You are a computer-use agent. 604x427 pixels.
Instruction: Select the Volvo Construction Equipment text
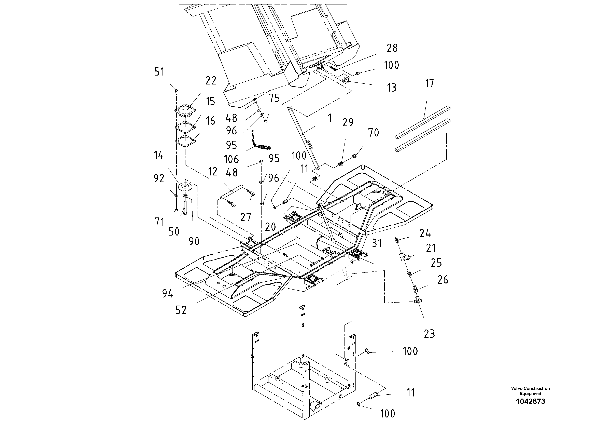(x=530, y=391)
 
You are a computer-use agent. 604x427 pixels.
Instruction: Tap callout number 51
(x=159, y=72)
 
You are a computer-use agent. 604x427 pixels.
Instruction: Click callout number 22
(x=210, y=81)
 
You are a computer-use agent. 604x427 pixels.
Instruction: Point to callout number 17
(x=429, y=84)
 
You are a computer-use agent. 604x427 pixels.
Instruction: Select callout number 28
(x=392, y=48)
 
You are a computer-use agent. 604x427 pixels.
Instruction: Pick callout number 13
(x=391, y=88)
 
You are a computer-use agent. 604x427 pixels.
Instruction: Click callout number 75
(x=274, y=98)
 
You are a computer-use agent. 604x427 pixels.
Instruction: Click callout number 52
(x=181, y=310)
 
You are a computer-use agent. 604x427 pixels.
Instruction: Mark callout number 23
(x=429, y=334)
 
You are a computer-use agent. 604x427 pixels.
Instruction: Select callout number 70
(x=373, y=133)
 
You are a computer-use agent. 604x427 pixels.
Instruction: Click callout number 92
(x=159, y=178)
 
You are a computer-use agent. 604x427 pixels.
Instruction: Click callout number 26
(x=443, y=280)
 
